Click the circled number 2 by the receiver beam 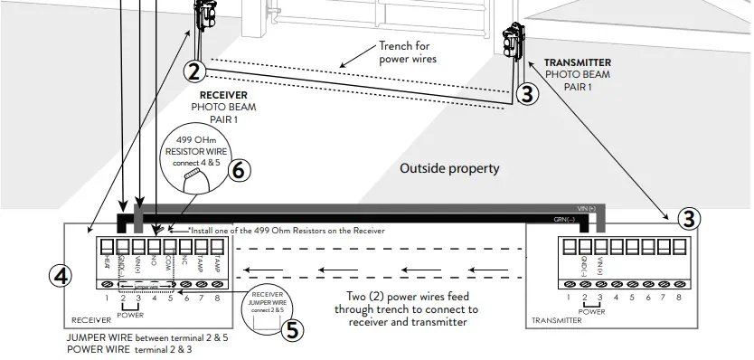pos(195,71)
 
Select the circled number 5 pos(292,330)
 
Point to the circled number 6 pos(240,169)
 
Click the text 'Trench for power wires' pos(408,52)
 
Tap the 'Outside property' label pos(449,168)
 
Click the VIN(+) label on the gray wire pos(587,208)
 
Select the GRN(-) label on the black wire pos(564,220)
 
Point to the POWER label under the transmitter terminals pos(592,311)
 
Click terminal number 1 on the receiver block pos(107,298)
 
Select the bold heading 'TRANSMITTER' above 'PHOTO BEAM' pos(578,63)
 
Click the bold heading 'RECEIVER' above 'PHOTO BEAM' pos(223,94)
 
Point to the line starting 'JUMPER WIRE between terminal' pos(147,337)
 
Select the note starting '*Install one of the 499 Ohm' pos(286,231)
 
